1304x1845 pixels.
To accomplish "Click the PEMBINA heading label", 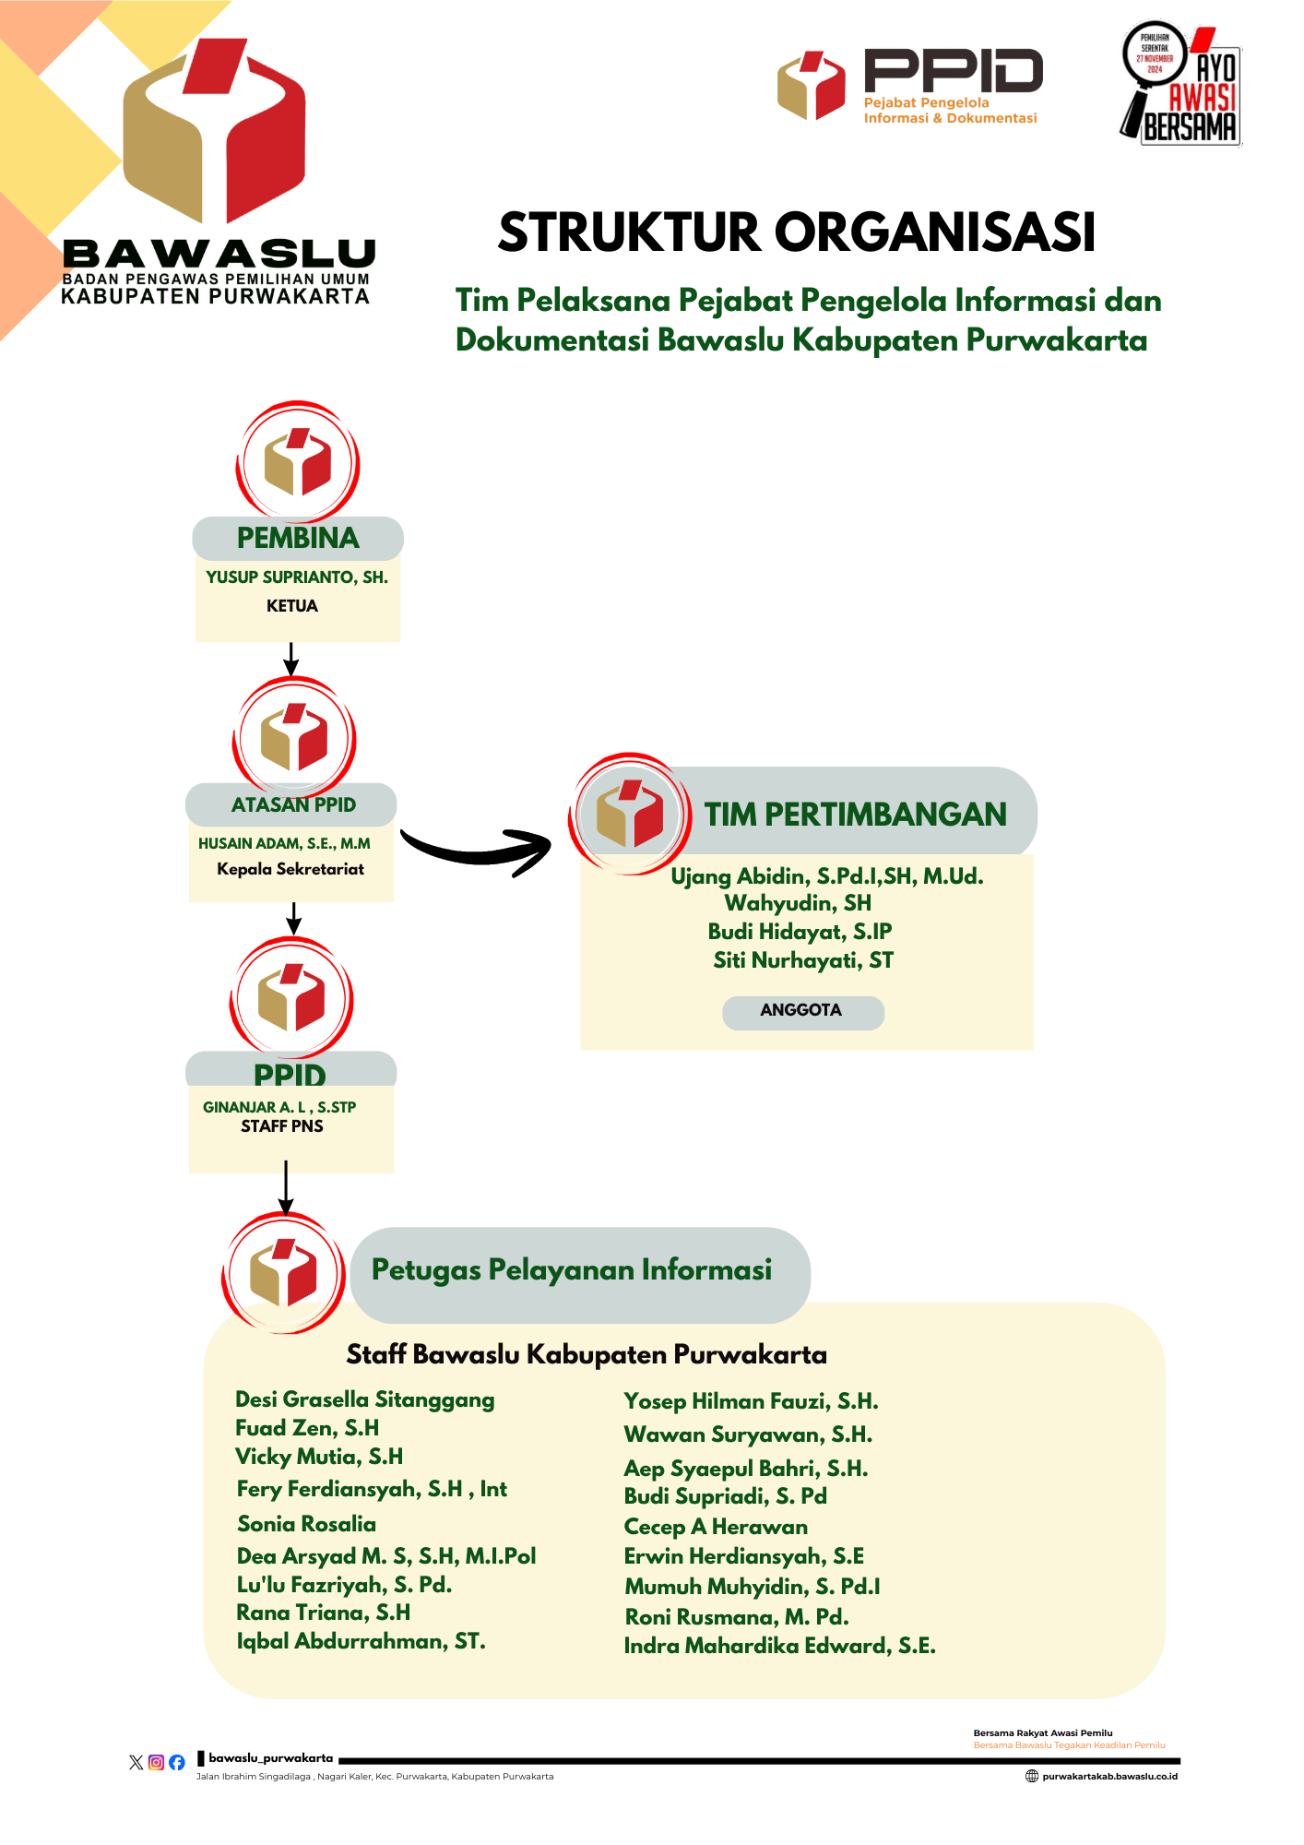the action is [x=298, y=538].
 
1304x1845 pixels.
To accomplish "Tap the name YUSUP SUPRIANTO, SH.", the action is [x=297, y=577].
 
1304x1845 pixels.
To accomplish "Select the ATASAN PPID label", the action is [x=293, y=804].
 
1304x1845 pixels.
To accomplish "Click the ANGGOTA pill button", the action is [x=802, y=1011].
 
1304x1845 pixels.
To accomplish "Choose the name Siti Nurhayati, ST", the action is [x=803, y=960].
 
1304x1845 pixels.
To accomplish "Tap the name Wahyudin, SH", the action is [x=798, y=903].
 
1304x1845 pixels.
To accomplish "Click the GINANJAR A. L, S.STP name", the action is [x=279, y=1107].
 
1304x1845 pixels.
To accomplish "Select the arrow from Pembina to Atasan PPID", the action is [x=291, y=659].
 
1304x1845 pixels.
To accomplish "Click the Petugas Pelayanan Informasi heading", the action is [x=572, y=1270].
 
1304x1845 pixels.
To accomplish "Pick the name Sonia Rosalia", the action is [x=306, y=1524].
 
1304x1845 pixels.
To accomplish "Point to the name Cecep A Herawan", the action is [x=716, y=1527].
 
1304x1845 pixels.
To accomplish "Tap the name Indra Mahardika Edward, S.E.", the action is [x=779, y=1646].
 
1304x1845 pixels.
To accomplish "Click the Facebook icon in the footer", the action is [x=176, y=1763].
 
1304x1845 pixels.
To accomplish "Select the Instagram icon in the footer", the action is [x=156, y=1763].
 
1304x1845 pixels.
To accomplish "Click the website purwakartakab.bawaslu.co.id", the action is [x=1109, y=1777].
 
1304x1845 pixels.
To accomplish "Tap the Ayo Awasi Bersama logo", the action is [x=1180, y=83].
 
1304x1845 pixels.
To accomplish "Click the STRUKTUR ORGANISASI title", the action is [x=797, y=232].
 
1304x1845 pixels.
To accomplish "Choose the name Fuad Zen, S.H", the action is [x=307, y=1428].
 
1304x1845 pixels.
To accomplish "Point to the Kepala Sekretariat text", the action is [x=290, y=869].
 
